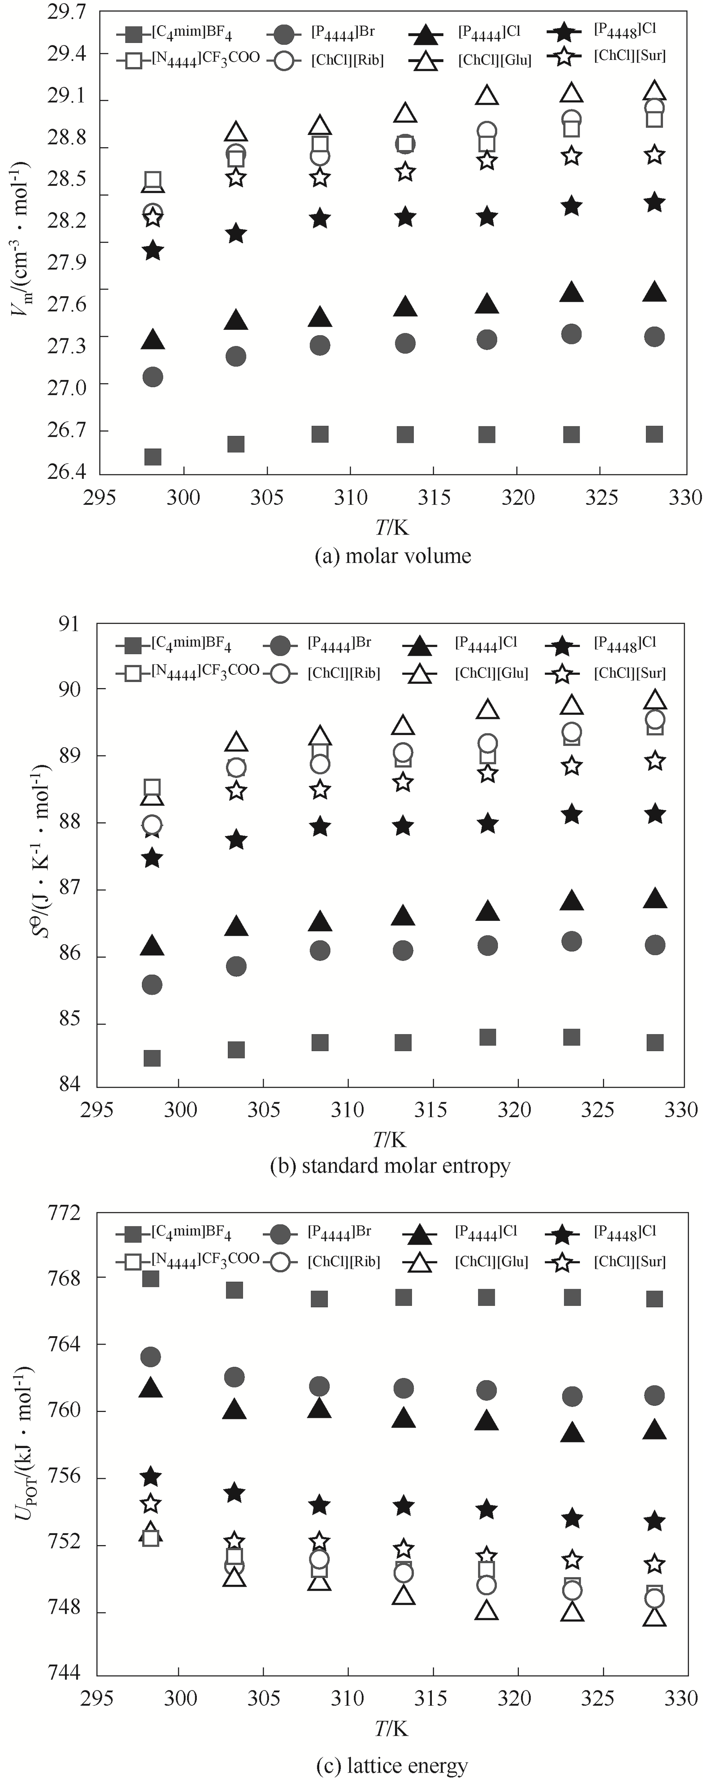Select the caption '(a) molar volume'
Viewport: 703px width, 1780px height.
(x=393, y=556)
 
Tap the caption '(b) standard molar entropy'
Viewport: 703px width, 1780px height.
(x=391, y=1166)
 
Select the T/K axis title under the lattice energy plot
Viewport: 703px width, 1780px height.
(x=391, y=1729)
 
